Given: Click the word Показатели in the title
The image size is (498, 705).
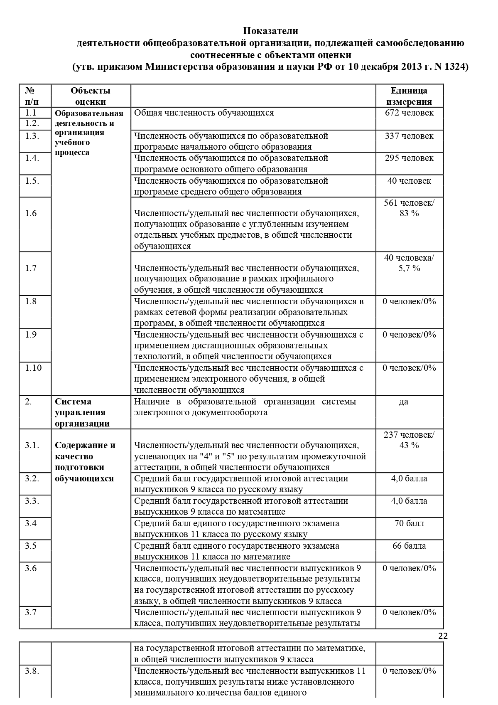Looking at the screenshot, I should click(270, 31).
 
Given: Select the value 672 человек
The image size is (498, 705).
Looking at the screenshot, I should click(409, 113).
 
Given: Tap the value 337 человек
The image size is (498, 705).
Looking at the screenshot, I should click(409, 136).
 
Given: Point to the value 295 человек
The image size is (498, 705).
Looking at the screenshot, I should click(409, 158).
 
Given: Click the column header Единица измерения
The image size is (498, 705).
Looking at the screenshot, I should click(409, 96).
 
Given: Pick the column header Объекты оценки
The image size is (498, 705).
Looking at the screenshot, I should click(91, 96).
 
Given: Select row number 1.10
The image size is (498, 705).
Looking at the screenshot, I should click(34, 368).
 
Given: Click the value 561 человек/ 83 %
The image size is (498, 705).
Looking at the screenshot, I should click(409, 208).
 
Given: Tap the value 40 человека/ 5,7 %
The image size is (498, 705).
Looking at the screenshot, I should click(409, 263).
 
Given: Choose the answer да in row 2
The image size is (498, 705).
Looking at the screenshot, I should click(403, 402).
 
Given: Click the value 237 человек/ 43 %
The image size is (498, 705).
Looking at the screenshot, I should click(409, 440).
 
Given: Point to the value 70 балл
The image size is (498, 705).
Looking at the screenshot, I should click(409, 523).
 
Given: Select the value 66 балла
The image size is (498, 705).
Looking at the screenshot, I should click(409, 546).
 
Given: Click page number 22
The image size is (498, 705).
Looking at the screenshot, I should click(443, 636).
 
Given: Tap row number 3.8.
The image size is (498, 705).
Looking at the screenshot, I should click(32, 671).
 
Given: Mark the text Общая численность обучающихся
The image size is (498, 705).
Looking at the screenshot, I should click(204, 113).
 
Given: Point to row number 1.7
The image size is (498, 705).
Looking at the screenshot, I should click(31, 268).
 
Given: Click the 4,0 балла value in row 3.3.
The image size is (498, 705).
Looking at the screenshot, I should click(409, 501).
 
